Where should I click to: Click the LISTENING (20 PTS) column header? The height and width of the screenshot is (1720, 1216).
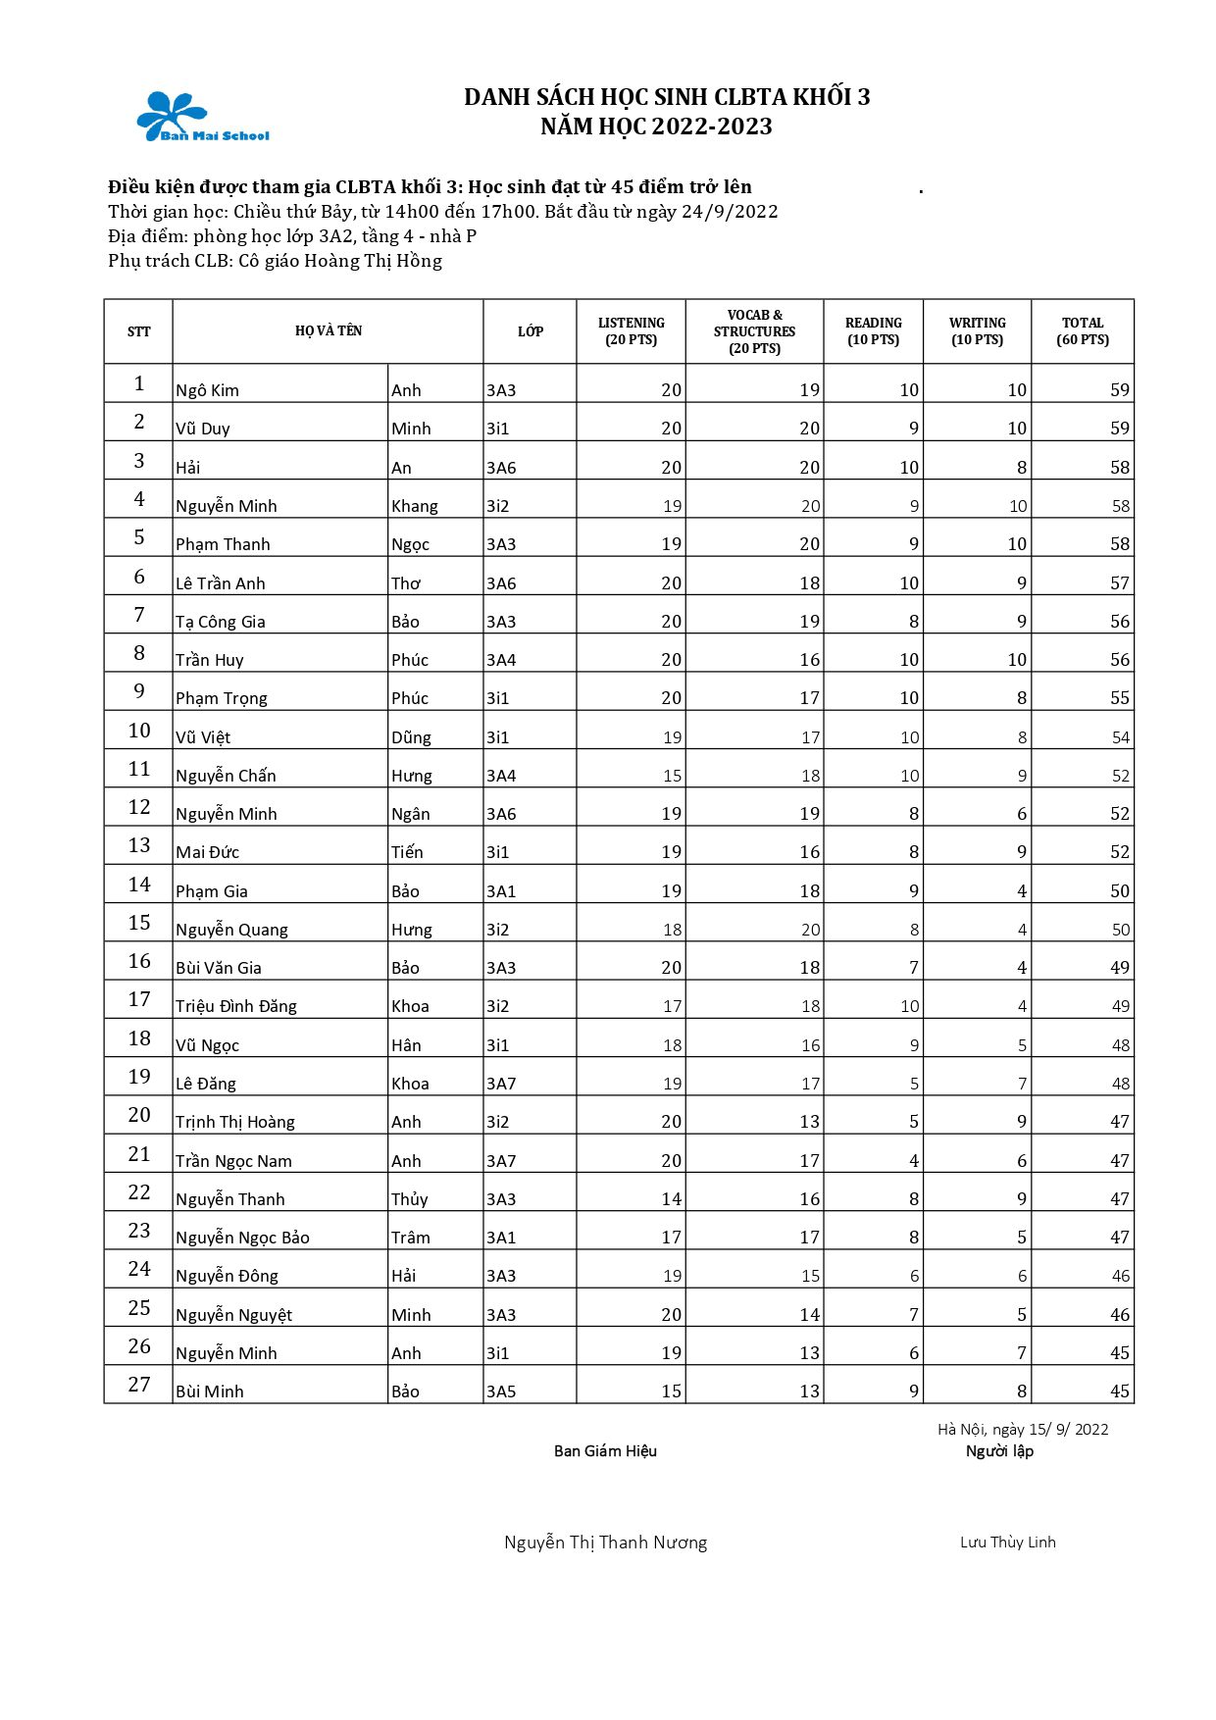pos(631,331)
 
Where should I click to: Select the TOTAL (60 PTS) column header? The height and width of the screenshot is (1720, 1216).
pos(1083,331)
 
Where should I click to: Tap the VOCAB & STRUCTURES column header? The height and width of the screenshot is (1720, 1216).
pos(754,331)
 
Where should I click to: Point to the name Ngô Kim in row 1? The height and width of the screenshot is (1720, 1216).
pos(207,390)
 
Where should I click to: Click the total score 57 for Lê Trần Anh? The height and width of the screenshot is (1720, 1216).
pos(1119,583)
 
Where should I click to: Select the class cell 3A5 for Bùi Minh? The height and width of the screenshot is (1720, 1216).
pos(501,1391)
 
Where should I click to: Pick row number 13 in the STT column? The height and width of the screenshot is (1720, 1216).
pos(139,845)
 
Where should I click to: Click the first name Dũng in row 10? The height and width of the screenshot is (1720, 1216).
pos(411,737)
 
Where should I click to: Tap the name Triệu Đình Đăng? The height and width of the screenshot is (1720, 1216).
pos(235,1006)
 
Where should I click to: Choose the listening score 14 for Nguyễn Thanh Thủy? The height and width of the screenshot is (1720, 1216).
pos(671,1199)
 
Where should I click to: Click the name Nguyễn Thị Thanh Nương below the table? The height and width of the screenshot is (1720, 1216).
pos(605,1543)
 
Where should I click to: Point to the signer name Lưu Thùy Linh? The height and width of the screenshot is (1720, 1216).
pos(1007,1543)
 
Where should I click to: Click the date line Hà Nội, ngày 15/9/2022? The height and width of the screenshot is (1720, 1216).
pos(1022,1430)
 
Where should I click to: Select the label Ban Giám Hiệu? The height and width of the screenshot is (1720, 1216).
pos(605,1451)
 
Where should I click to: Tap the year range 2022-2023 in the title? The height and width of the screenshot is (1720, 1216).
pos(712,126)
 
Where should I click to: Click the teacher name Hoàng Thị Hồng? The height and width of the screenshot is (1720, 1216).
pos(373,261)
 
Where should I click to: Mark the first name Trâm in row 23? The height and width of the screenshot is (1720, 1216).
pos(410,1238)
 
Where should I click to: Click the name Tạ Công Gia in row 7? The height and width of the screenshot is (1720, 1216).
pos(220,622)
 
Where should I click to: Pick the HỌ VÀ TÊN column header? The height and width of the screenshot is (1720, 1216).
pos(329,331)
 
